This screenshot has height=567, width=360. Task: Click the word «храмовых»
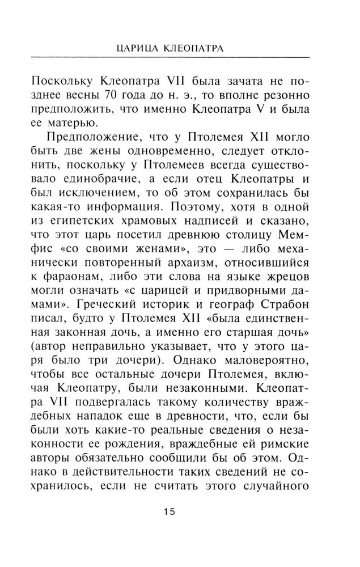170,226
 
